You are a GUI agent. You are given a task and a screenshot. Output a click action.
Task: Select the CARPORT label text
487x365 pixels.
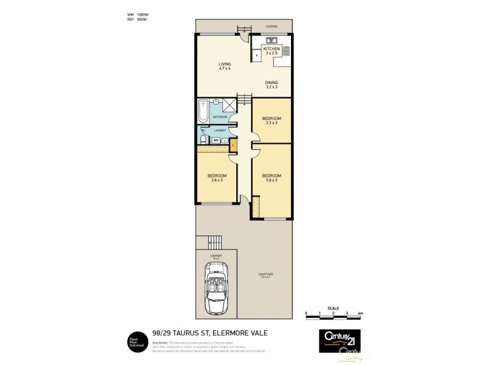click(215, 256)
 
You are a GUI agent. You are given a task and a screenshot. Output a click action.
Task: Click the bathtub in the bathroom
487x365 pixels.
click(203, 112)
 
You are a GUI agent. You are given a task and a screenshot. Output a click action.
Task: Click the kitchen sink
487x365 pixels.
click(270, 43)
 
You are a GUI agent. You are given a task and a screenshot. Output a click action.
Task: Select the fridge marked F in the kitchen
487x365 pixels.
click(257, 55)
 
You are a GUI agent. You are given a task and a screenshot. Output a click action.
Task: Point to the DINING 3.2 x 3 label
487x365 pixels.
click(271, 84)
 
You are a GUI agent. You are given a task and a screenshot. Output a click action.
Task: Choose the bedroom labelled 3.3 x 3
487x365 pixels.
click(272, 120)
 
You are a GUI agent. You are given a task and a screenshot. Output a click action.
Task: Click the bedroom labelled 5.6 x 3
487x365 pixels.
click(272, 178)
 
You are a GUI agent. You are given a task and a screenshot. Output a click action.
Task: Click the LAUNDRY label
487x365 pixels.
click(220, 130)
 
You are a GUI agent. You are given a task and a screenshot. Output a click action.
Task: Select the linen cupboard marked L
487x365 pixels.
click(233, 145)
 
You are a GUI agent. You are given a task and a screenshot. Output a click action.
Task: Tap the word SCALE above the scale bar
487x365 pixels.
click(332, 307)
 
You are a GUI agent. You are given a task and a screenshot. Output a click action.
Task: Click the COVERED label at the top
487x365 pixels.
click(272, 27)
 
